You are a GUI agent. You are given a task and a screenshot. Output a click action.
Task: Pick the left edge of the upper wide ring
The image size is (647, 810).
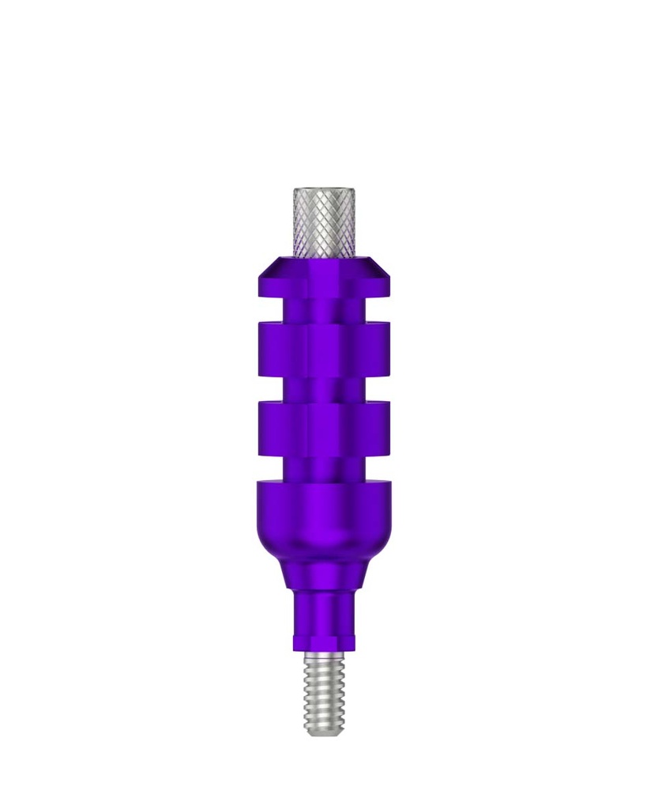tap(261, 348)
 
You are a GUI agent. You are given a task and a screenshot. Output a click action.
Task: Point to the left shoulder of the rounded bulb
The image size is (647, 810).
tap(265, 494)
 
